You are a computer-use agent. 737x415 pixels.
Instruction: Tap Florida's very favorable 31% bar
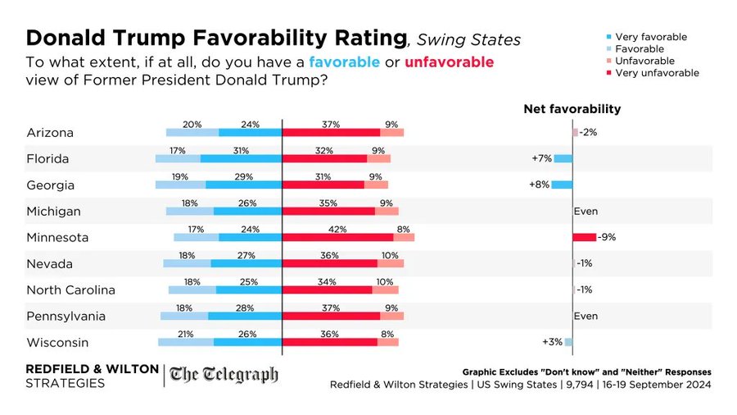point(241,158)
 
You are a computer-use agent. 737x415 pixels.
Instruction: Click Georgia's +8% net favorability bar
point(562,185)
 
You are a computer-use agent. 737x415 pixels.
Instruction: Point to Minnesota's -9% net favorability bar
point(585,237)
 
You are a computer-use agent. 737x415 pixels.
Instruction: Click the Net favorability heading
point(572,109)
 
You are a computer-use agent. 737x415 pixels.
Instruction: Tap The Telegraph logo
point(224,376)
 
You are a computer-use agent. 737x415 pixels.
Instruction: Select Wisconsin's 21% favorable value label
point(187,334)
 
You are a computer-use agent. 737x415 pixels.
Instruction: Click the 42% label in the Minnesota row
point(332,229)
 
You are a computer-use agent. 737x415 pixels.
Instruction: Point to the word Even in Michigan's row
point(586,211)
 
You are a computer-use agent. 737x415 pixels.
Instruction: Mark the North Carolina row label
point(71,290)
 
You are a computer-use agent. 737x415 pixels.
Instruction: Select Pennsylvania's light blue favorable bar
point(184,316)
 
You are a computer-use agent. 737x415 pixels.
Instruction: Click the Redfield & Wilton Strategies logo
point(93,376)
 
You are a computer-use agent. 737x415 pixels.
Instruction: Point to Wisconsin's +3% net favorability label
point(551,342)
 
